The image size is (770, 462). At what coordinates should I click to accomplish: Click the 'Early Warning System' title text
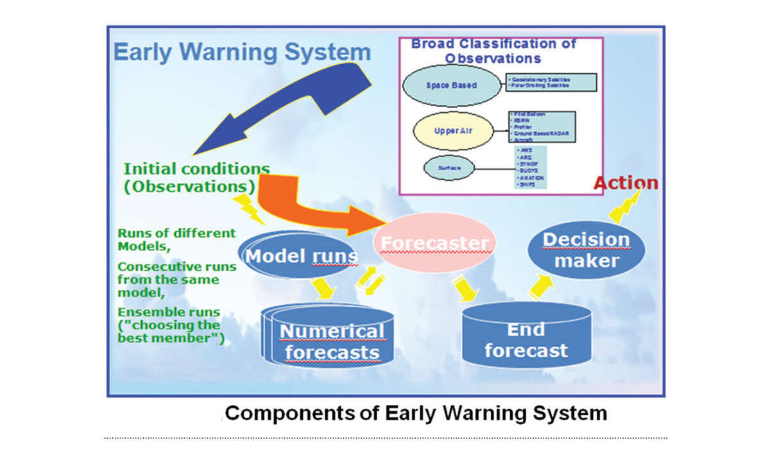[242, 52]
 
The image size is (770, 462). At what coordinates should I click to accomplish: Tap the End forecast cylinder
[526, 340]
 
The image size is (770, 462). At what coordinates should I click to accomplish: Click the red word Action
[625, 183]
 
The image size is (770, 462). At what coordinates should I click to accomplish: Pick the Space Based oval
[452, 85]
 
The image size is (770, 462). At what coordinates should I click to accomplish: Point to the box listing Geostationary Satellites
[551, 81]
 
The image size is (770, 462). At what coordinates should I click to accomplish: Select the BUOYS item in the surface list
[529, 171]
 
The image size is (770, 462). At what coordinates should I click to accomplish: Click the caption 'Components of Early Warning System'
[416, 413]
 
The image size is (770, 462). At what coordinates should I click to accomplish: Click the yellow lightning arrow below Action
[626, 205]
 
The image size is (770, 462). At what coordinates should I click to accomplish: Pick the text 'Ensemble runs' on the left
[169, 312]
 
